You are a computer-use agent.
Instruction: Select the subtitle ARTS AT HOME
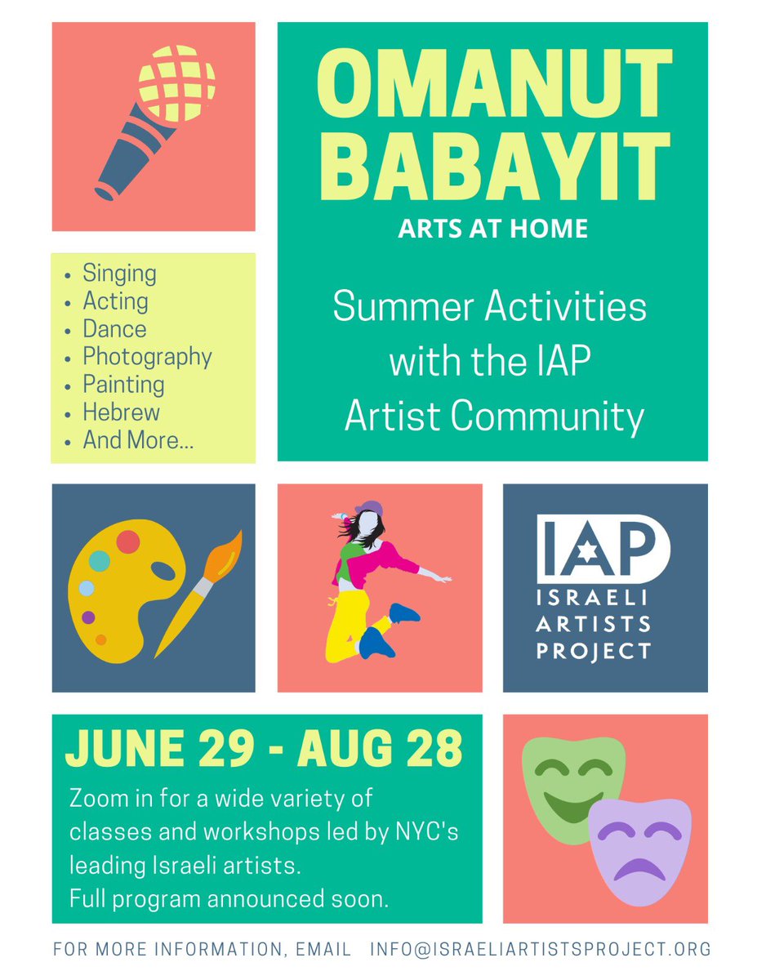point(492,228)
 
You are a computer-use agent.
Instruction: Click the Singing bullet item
point(119,274)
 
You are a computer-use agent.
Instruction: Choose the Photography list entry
point(147,357)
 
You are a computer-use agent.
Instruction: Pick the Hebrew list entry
point(121,412)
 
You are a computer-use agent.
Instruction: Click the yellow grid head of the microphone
point(176,82)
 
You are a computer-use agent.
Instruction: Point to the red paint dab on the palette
point(128,541)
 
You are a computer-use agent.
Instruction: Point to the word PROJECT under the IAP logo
point(604,651)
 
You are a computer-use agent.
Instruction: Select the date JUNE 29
point(156,749)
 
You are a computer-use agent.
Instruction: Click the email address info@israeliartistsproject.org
point(540,950)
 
